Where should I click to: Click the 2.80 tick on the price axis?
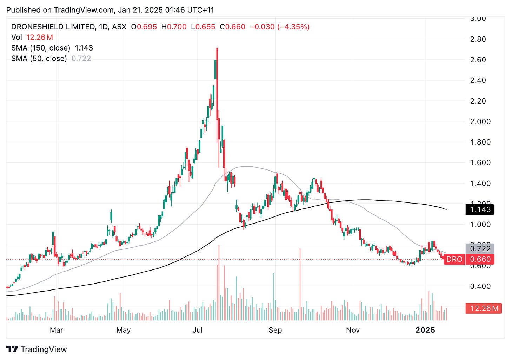[x=478, y=39]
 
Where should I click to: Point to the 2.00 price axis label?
[x=480, y=121]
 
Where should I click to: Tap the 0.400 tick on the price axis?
[x=480, y=286]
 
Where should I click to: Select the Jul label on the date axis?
[x=198, y=330]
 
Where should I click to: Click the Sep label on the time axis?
[x=275, y=330]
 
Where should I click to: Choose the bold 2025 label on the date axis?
[x=425, y=330]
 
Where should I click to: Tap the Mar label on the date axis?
[x=56, y=330]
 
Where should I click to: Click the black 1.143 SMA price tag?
[x=480, y=209]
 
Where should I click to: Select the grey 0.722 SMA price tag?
[x=480, y=249]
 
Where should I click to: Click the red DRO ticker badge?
[x=454, y=259]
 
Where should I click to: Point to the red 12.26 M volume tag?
[x=484, y=308]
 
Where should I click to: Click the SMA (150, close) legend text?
[x=41, y=48]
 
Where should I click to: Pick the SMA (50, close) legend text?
[x=39, y=58]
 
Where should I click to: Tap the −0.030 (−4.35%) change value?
[x=279, y=27]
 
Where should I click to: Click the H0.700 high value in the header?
[x=174, y=27]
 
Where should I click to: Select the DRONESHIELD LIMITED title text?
[x=53, y=27]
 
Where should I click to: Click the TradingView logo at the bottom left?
[x=36, y=349]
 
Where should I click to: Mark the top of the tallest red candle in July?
[x=217, y=48]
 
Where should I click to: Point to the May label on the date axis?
[x=123, y=330]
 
